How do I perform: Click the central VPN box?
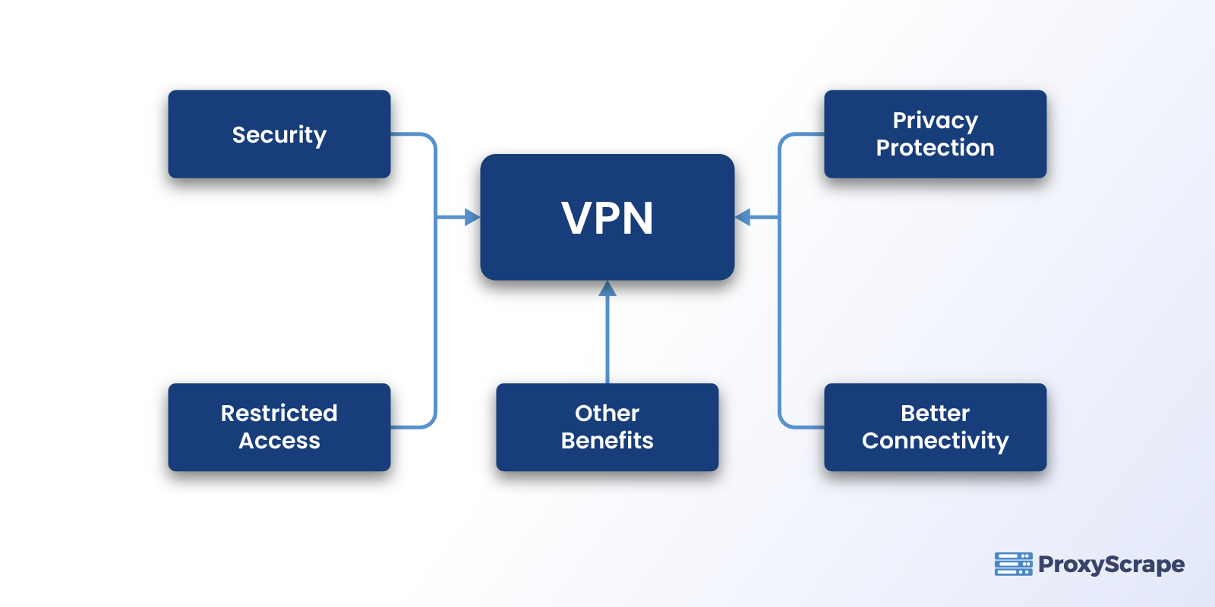pyautogui.click(x=607, y=218)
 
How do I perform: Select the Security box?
pyautogui.click(x=279, y=134)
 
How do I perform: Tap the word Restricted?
pyautogui.click(x=279, y=414)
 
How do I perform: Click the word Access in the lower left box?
pyautogui.click(x=279, y=441)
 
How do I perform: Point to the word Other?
pyautogui.click(x=607, y=414)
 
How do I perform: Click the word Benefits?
pyautogui.click(x=607, y=441)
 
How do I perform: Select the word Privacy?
pyautogui.click(x=935, y=121)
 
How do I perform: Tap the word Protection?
pyautogui.click(x=935, y=148)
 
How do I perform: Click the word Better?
pyautogui.click(x=935, y=414)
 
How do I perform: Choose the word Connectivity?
pyautogui.click(x=935, y=441)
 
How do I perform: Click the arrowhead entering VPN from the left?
pyautogui.click(x=472, y=218)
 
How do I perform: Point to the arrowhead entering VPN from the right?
pyautogui.click(x=743, y=218)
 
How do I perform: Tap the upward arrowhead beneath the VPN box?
pyautogui.click(x=607, y=289)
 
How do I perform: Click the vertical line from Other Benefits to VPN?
pyautogui.click(x=607, y=341)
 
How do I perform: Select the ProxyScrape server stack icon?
pyautogui.click(x=1013, y=564)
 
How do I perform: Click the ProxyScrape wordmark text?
pyautogui.click(x=1111, y=565)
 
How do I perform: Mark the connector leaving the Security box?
pyautogui.click(x=414, y=134)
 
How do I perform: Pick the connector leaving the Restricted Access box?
pyautogui.click(x=414, y=427)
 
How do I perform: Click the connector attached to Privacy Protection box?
pyautogui.click(x=801, y=134)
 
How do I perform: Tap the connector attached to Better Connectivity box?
pyautogui.click(x=801, y=427)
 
